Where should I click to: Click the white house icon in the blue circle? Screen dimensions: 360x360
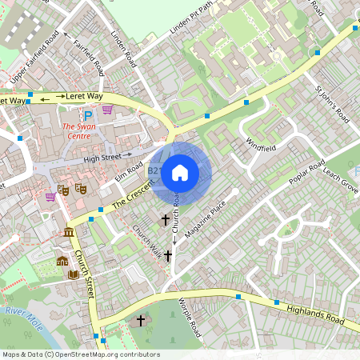(x=180, y=172)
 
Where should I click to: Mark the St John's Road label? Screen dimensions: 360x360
(x=333, y=101)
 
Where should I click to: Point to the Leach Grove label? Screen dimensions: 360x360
(x=341, y=185)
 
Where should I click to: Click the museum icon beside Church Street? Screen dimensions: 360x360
(x=69, y=233)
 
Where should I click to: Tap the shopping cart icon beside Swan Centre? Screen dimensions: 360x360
(x=107, y=110)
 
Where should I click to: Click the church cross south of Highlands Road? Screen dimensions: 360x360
(x=141, y=321)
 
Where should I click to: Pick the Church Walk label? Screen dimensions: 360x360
(x=147, y=237)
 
